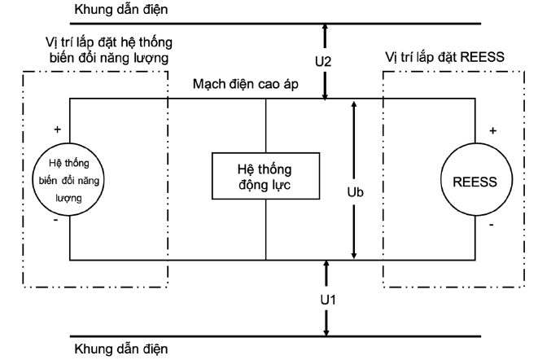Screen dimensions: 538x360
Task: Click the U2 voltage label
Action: click(x=323, y=62)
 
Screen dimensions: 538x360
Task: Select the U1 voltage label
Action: click(x=328, y=300)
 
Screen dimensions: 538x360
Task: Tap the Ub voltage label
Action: click(x=355, y=192)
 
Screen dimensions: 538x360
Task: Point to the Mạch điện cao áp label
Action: click(x=245, y=84)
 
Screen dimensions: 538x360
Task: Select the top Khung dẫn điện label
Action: click(x=121, y=9)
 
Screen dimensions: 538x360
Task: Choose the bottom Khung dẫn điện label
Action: click(x=121, y=349)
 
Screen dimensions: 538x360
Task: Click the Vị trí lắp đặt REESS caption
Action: click(x=444, y=57)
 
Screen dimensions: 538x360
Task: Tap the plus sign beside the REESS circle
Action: click(x=492, y=130)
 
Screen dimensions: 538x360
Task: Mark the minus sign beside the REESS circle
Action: click(x=492, y=225)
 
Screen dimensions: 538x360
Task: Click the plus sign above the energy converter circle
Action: click(x=57, y=130)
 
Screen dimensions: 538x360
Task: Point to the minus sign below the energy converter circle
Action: click(x=56, y=220)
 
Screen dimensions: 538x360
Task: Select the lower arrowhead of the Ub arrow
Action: click(x=354, y=255)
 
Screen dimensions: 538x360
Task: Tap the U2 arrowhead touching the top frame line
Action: click(x=325, y=29)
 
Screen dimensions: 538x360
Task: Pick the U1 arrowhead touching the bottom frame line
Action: click(x=326, y=331)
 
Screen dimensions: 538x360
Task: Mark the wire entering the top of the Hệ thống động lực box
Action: click(x=265, y=125)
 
